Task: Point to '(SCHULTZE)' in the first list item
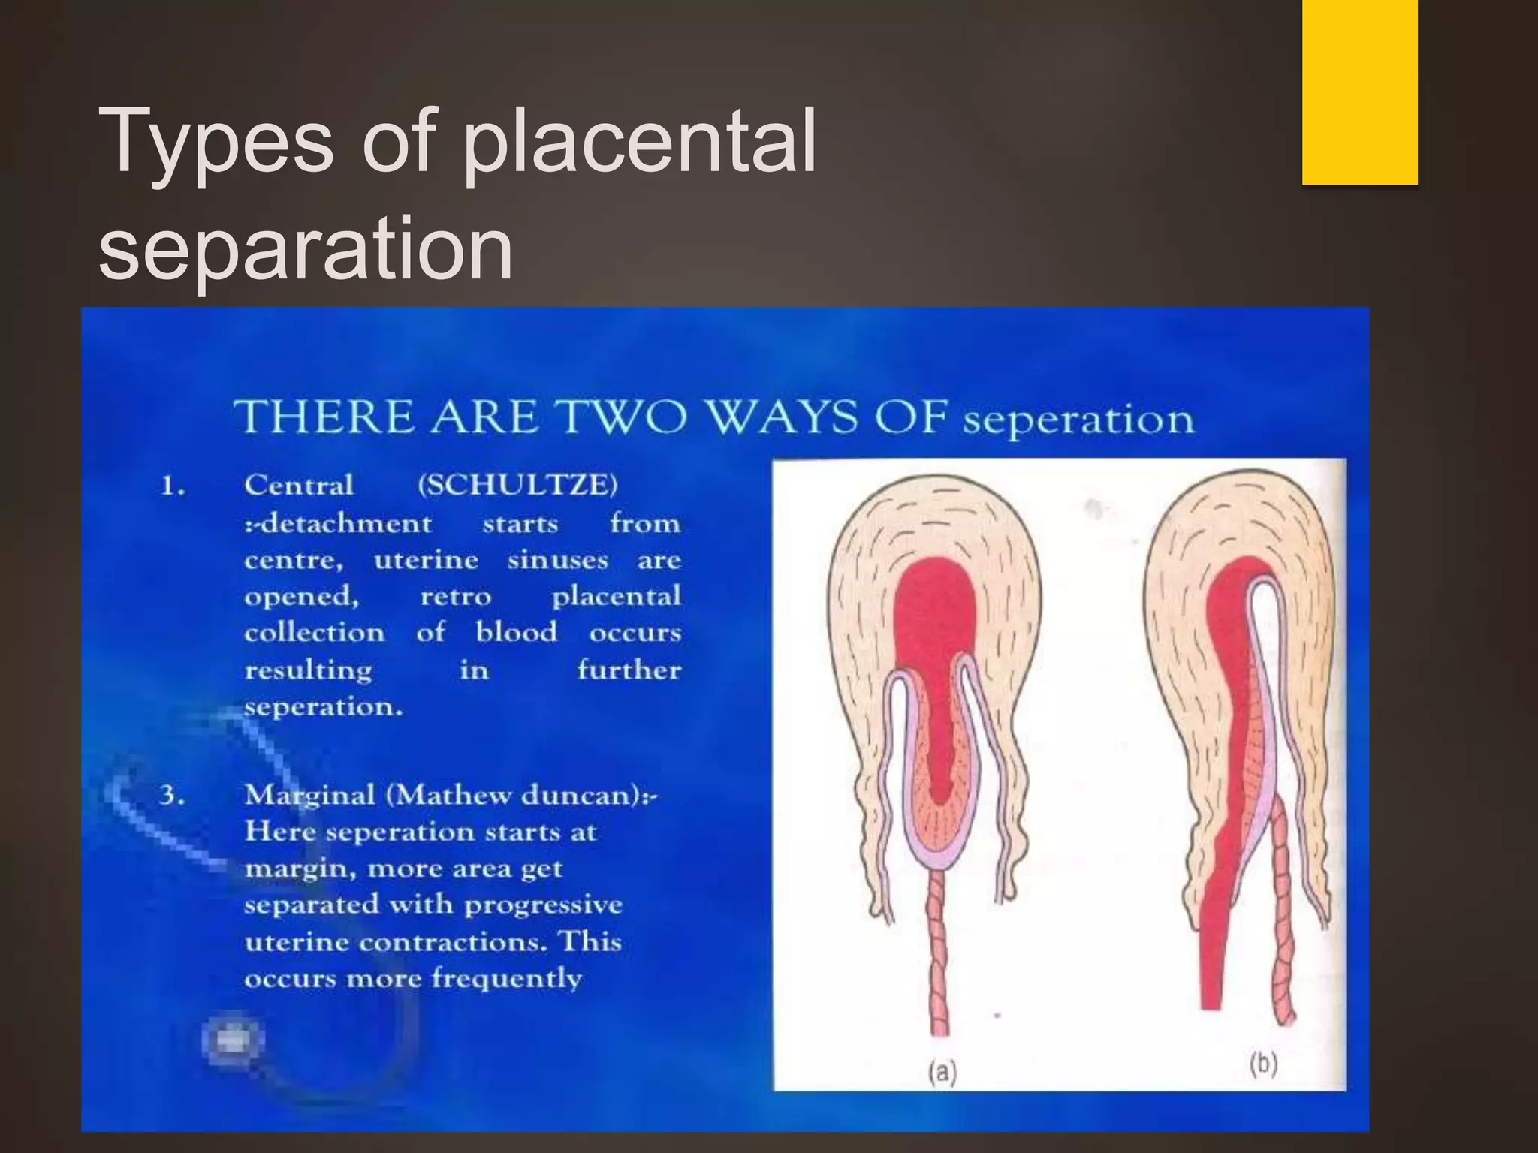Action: click(517, 485)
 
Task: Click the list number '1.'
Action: click(173, 486)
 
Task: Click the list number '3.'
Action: click(172, 795)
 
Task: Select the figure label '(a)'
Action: click(942, 1073)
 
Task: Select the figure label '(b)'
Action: click(1263, 1064)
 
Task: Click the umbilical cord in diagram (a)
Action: click(939, 953)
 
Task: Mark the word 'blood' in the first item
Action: click(517, 632)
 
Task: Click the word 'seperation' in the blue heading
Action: click(1078, 419)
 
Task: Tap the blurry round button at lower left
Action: click(233, 1040)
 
